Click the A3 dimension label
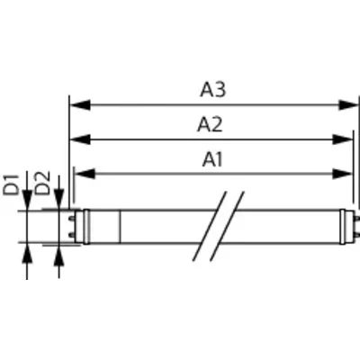click(212, 90)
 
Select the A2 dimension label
click(210, 124)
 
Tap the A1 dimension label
click(212, 159)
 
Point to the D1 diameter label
click(11, 184)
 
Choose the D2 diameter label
click(42, 184)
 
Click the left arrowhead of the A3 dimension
click(80, 105)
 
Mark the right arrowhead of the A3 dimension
click(348, 105)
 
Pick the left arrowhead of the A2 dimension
click(80, 139)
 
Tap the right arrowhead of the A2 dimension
click(343, 139)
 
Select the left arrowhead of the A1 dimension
click(85, 174)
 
